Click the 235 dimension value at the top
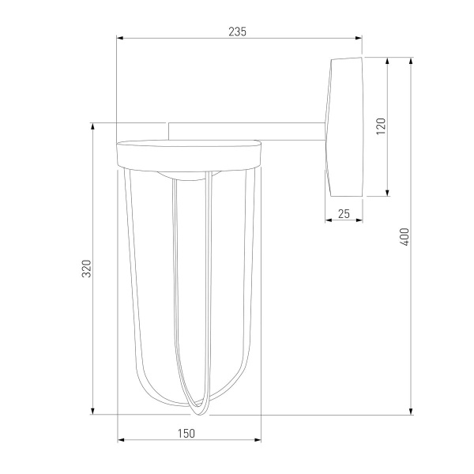[238, 32]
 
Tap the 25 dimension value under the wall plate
[344, 213]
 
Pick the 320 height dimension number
[88, 269]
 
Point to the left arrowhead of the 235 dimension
[119, 38]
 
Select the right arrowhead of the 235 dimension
[359, 38]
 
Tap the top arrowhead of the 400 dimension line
[411, 60]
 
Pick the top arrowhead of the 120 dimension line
[387, 60]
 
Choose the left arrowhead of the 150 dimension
[120, 441]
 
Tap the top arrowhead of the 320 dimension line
[94, 125]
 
